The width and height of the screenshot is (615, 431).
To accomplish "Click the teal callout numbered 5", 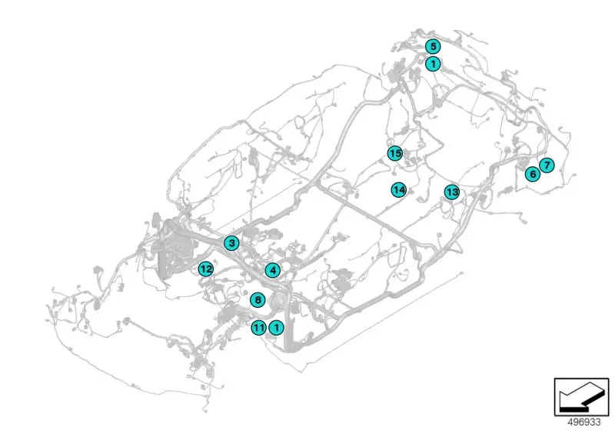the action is [x=433, y=46].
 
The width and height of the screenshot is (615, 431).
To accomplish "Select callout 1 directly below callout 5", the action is [x=433, y=63].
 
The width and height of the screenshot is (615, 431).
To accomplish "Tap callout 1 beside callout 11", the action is [x=277, y=327].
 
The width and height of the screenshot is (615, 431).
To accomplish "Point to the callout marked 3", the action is [x=231, y=243].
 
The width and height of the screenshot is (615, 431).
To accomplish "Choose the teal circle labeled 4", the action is [x=273, y=270].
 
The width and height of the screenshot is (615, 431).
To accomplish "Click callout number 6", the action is [x=533, y=173].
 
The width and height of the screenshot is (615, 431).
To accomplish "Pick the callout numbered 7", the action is [x=547, y=165].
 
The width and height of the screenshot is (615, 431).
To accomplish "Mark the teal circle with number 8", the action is [x=258, y=300].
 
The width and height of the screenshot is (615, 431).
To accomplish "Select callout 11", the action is [x=259, y=327].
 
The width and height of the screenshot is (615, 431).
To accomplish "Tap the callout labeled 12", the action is [x=206, y=269].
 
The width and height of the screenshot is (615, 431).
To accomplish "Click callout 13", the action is [x=452, y=192].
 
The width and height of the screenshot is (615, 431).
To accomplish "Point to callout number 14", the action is [x=399, y=190].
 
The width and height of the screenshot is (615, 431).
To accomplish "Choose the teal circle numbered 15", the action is [x=395, y=153].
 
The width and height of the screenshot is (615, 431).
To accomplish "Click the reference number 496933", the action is [x=584, y=423].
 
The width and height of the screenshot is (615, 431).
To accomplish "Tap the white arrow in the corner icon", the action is [x=580, y=395].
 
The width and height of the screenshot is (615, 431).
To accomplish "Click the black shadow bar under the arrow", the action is [x=573, y=409].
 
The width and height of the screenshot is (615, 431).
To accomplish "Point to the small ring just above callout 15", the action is [x=390, y=142].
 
